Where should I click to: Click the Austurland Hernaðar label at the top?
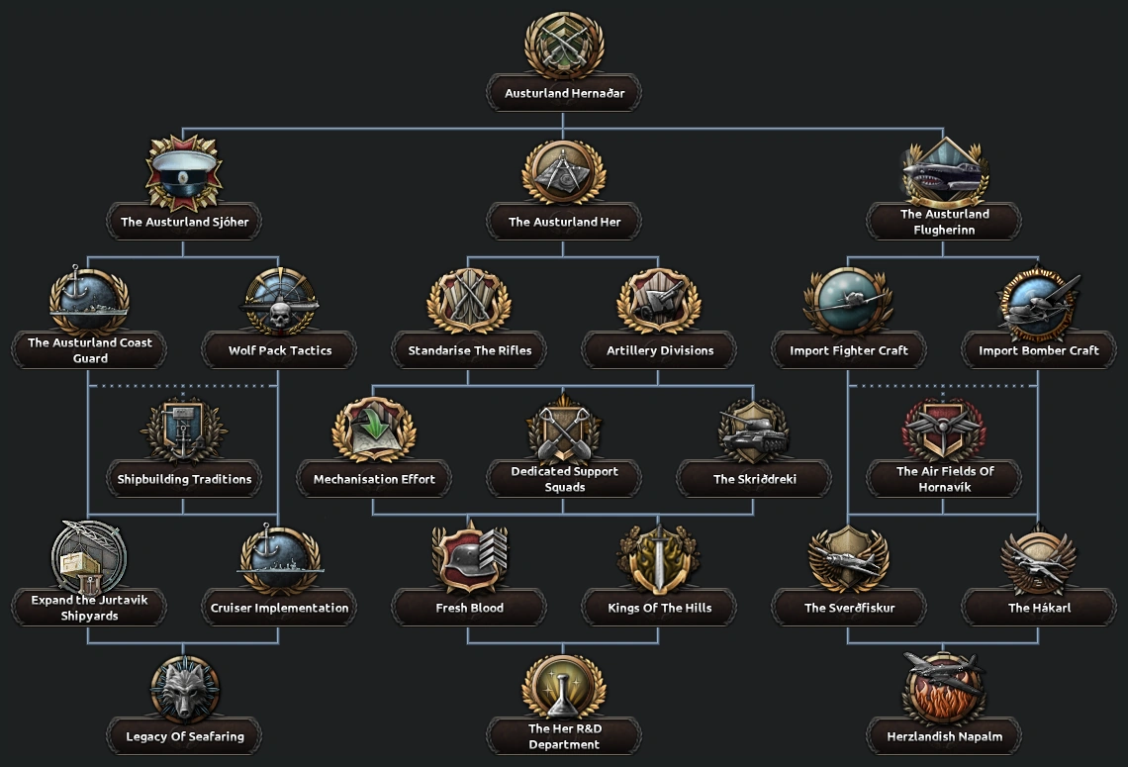click(x=564, y=93)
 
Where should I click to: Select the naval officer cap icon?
click(x=184, y=172)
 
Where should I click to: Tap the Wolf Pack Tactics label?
click(x=280, y=350)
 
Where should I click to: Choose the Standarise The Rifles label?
click(x=470, y=350)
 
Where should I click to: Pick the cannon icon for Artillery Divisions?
click(x=659, y=301)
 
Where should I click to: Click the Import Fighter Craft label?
click(x=849, y=350)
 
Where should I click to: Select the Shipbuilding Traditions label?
click(x=184, y=479)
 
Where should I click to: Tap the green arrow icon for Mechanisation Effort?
click(x=374, y=430)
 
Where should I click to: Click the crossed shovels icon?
click(x=564, y=430)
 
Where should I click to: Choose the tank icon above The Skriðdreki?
click(x=753, y=430)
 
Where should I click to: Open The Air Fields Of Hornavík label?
click(x=944, y=479)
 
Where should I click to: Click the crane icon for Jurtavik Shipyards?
click(x=88, y=558)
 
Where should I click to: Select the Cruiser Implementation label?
click(x=280, y=608)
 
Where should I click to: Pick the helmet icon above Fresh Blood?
click(x=469, y=558)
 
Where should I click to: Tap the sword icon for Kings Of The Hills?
click(x=659, y=558)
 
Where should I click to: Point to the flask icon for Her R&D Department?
click(x=564, y=687)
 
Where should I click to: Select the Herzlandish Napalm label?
click(x=944, y=736)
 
